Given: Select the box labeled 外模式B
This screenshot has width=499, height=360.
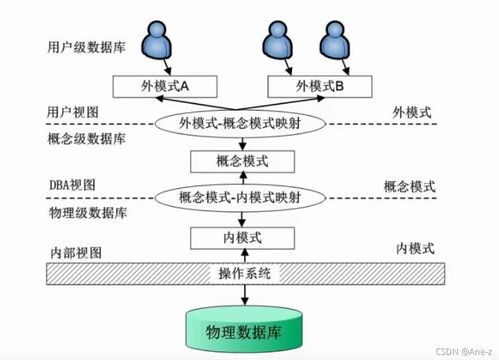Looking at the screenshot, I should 319,87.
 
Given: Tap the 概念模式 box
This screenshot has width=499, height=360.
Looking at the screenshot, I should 241,160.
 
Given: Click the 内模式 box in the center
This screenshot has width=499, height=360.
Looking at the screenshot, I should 240,238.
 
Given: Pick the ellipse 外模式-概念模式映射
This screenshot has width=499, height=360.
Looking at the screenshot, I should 241,123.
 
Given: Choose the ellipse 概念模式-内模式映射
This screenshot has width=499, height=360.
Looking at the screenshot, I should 241,197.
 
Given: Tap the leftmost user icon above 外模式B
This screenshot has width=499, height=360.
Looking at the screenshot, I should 279,41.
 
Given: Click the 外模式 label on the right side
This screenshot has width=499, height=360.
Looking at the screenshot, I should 412,110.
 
